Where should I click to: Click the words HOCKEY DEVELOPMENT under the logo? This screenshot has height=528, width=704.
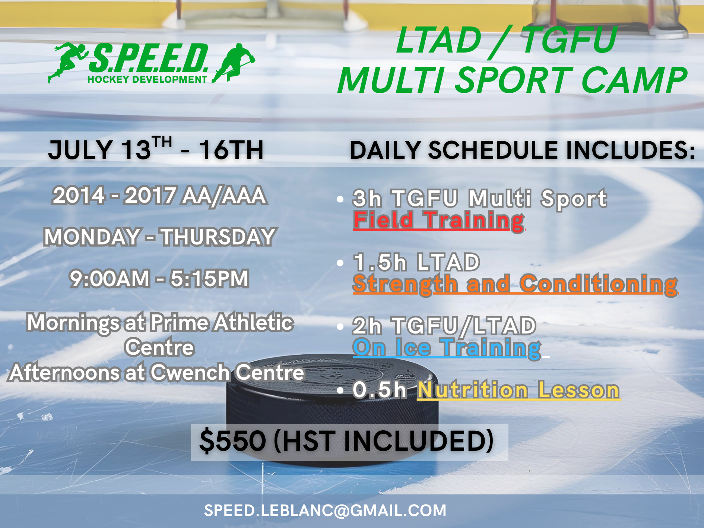[x=147, y=79]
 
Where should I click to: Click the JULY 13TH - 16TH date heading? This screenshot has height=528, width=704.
[x=156, y=149]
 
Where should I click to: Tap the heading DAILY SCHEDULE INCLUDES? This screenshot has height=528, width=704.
[x=522, y=150]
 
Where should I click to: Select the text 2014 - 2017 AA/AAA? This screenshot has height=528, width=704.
[x=159, y=196]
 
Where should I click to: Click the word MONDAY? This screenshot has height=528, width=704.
[x=92, y=237]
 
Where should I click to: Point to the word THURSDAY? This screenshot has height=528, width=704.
[x=218, y=237]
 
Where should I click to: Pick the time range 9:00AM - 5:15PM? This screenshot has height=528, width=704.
[x=159, y=279]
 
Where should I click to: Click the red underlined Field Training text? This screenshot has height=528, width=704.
[x=439, y=220]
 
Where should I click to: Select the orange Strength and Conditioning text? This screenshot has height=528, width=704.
[x=515, y=284]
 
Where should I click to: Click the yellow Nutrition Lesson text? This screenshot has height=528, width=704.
[x=519, y=390]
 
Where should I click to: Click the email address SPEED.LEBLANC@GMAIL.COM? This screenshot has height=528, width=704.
[x=325, y=510]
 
